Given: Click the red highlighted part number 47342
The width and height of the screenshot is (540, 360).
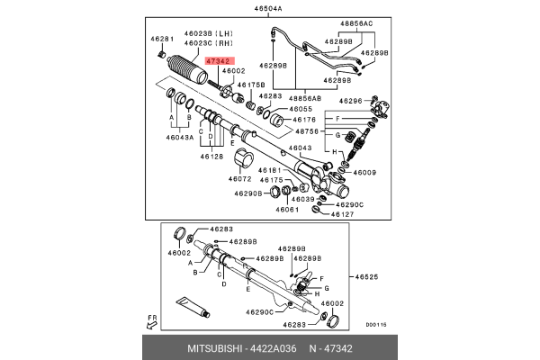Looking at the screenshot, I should [217, 60].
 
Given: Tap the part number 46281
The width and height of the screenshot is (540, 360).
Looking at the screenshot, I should [161, 39].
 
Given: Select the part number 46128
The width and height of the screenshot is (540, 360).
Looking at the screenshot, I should [211, 157].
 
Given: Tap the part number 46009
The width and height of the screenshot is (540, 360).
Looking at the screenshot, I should [364, 172].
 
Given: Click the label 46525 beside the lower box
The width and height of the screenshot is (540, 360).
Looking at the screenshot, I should [365, 276].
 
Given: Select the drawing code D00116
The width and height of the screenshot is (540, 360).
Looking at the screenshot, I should [376, 325].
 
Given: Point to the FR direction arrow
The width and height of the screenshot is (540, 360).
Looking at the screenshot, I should [153, 320].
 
